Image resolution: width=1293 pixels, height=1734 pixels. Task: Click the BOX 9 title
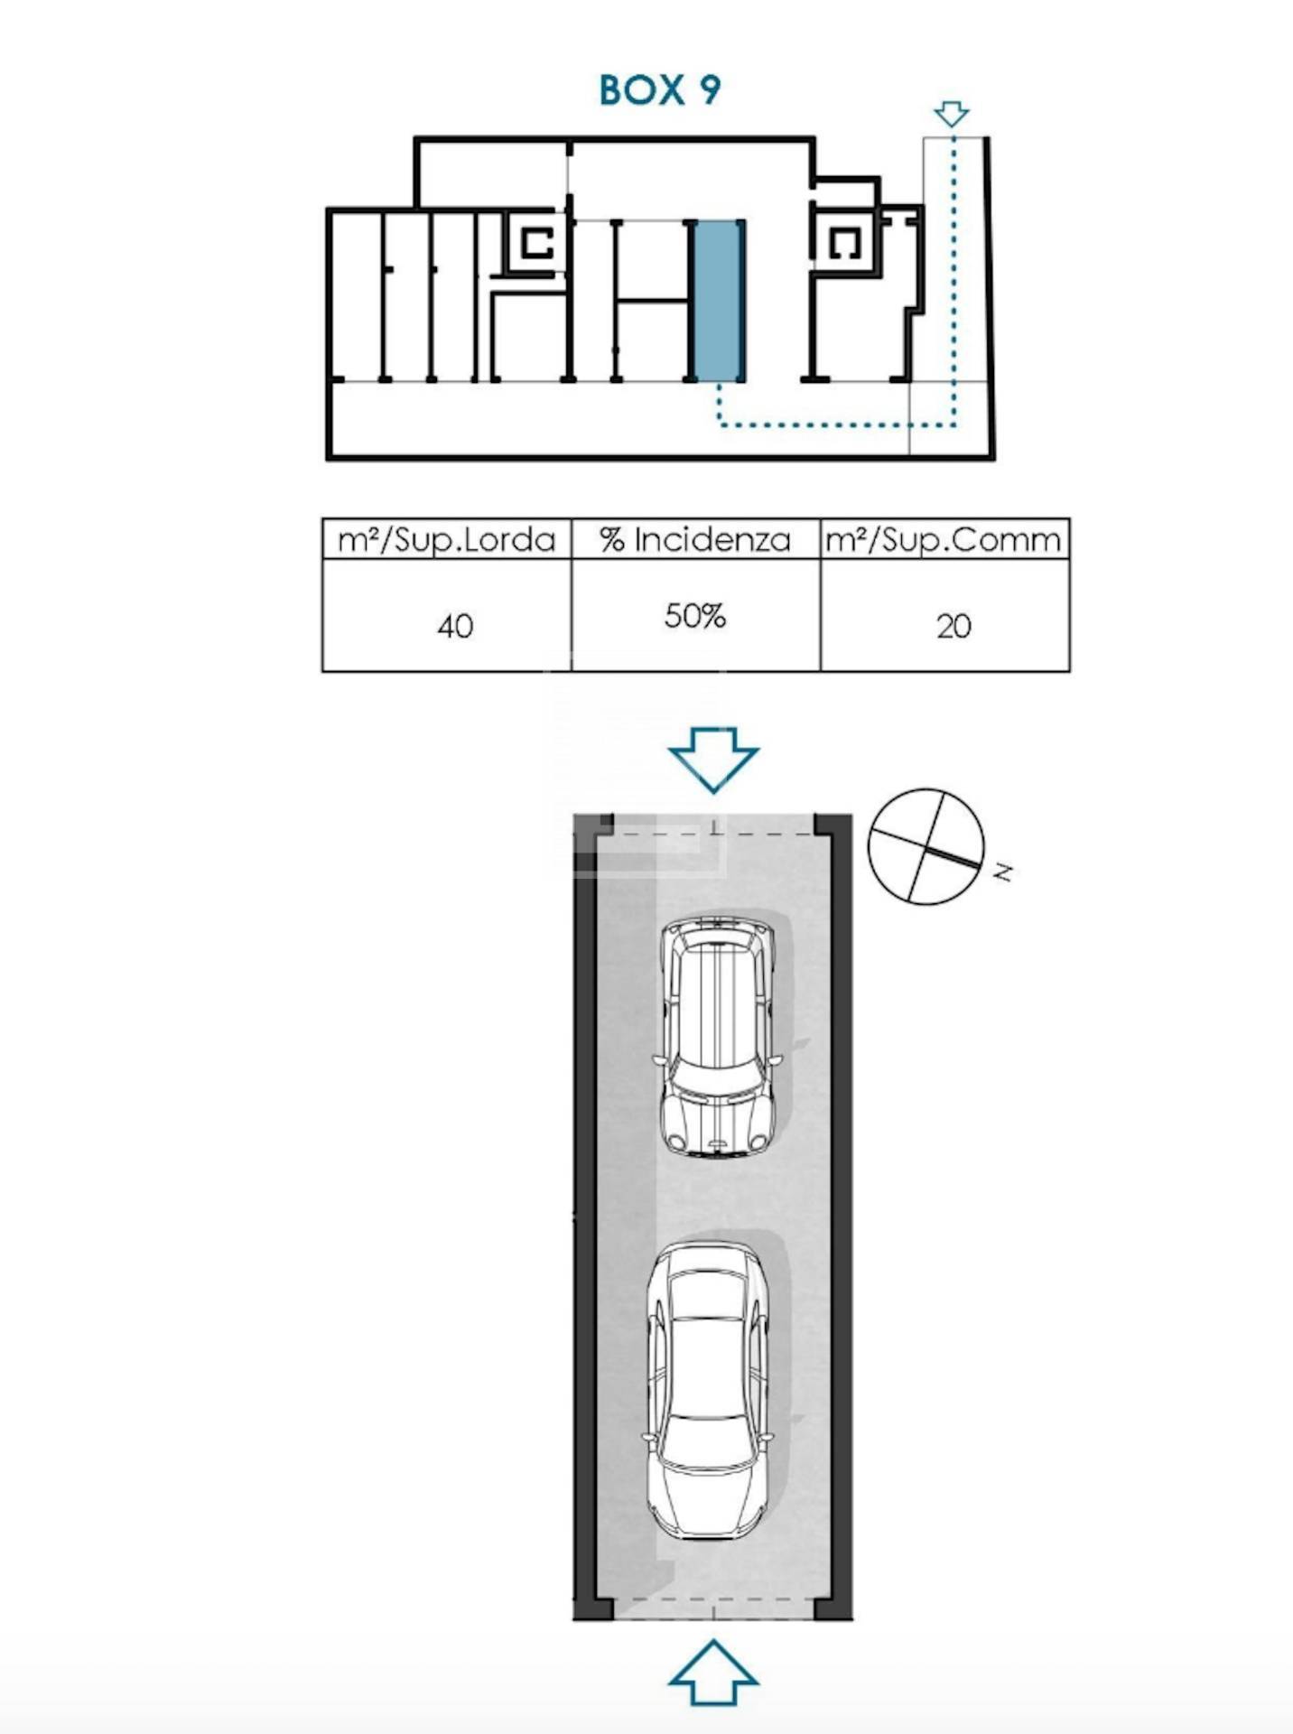660,89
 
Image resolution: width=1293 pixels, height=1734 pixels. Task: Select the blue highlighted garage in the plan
718,300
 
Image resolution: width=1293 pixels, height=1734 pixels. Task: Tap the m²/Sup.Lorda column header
447,540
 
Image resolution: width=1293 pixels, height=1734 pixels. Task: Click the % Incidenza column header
695,540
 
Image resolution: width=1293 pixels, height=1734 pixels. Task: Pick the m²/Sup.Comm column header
944,540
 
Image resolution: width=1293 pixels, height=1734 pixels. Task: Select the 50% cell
695,616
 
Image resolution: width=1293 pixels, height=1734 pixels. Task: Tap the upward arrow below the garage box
713,1673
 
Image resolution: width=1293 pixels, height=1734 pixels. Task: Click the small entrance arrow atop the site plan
952,114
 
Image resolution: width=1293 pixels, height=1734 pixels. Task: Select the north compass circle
926,846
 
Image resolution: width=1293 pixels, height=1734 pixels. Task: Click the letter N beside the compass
1003,872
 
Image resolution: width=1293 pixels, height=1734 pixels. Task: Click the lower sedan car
708,1391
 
